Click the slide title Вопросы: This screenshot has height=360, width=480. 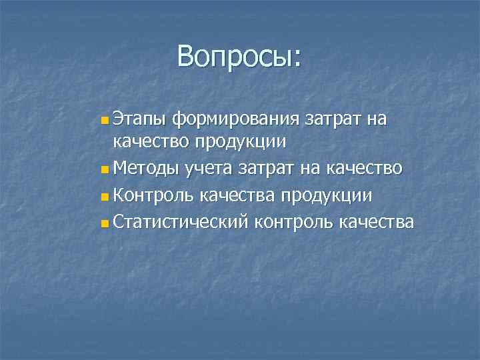coord(239,57)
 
